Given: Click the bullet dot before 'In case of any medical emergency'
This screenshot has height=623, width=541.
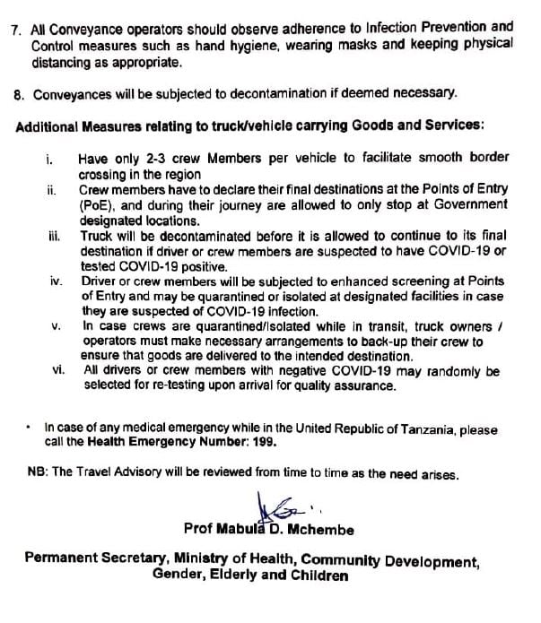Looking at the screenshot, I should coord(30,428).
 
